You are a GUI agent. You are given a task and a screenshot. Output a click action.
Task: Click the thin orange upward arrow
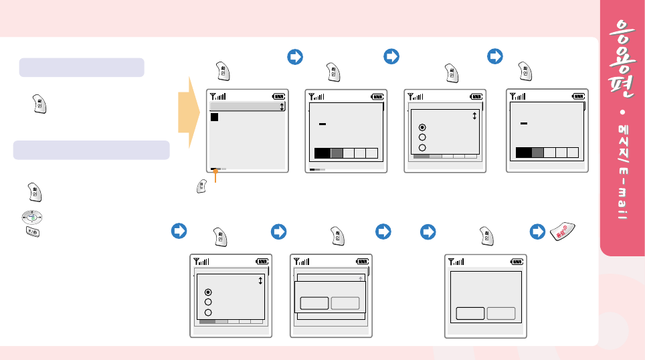tap(215, 177)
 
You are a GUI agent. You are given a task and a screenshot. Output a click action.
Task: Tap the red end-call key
tap(563, 232)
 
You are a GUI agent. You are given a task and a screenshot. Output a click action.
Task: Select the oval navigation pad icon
tap(32, 217)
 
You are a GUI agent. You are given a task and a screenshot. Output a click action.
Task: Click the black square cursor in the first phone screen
tap(215, 117)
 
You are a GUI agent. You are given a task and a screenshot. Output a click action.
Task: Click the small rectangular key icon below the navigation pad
tap(32, 231)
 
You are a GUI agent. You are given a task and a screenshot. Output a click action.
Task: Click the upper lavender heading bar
tap(82, 68)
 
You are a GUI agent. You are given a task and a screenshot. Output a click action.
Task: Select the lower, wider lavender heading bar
tap(91, 150)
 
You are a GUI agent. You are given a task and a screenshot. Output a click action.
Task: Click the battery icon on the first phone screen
tap(278, 96)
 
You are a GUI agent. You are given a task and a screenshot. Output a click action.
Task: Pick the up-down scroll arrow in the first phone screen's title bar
tap(282, 106)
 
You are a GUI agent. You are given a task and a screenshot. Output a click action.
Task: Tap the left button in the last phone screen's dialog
tap(470, 313)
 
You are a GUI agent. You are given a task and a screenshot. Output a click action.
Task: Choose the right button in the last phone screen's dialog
tap(501, 313)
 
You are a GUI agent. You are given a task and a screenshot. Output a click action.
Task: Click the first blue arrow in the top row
tap(294, 58)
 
